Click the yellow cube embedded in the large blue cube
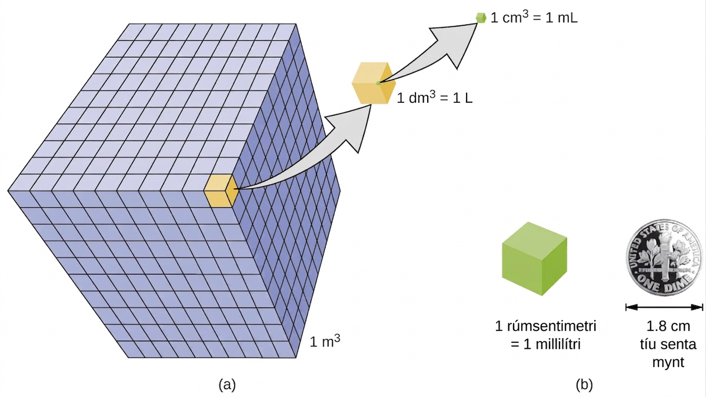(221, 191)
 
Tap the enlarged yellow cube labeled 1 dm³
(374, 83)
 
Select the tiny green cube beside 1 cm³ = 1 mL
(481, 18)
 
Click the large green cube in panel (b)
(535, 259)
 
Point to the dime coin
(664, 258)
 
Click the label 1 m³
(325, 341)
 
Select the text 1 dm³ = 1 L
(435, 98)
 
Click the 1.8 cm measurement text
(668, 326)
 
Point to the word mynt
(668, 363)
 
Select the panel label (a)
(227, 385)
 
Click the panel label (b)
(584, 385)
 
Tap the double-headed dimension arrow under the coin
(664, 307)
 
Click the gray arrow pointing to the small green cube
(435, 51)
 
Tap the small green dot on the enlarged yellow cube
(378, 83)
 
